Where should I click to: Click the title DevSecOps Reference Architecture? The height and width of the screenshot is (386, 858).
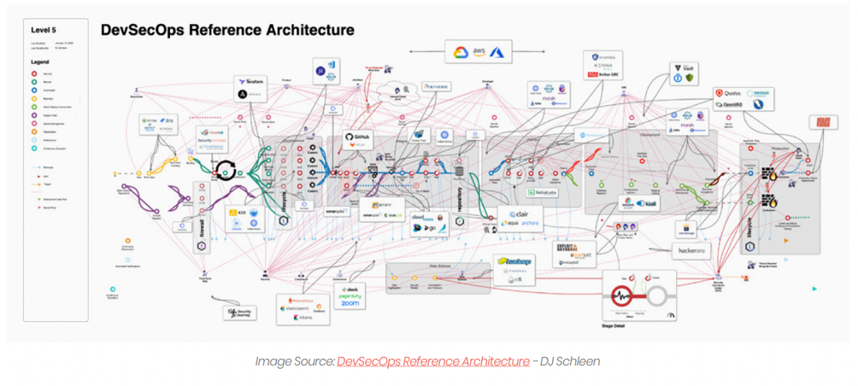pos(226,30)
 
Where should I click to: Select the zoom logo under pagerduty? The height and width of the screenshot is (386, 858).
pos(351,304)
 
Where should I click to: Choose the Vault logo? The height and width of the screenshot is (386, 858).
pos(685,67)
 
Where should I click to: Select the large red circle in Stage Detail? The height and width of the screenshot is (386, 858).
pos(621,298)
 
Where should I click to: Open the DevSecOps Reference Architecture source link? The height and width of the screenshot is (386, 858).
pos(432,361)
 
